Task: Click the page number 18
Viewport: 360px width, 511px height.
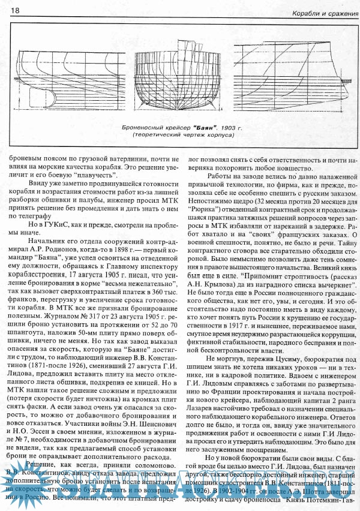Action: pyautogui.click(x=15, y=11)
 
